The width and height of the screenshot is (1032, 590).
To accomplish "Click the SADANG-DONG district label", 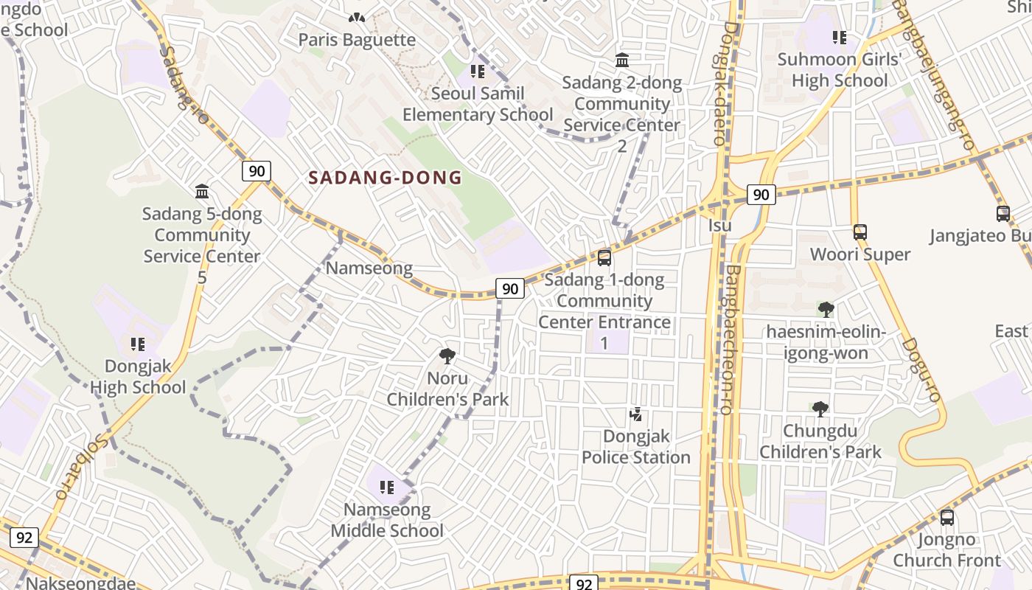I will (385, 178).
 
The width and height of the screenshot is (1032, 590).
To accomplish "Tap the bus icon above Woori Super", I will (860, 232).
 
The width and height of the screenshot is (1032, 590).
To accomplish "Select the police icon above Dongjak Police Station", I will (635, 414).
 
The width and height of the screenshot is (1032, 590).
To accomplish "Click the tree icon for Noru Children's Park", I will (447, 356).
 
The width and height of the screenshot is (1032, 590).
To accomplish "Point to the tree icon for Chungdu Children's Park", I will (820, 409).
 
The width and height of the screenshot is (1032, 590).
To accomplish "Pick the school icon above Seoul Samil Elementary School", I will (478, 72).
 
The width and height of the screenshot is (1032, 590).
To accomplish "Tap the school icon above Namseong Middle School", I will (386, 487).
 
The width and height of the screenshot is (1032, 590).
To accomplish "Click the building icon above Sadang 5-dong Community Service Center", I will (202, 192).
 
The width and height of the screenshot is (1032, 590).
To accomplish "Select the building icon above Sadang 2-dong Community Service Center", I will (622, 60).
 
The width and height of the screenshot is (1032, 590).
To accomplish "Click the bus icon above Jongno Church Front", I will (947, 518).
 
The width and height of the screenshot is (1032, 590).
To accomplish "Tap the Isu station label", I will (719, 225).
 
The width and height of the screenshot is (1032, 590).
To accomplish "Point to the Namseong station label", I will (369, 268).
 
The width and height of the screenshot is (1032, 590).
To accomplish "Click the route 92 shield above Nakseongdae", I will (24, 538).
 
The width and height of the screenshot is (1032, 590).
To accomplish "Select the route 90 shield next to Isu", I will (761, 195).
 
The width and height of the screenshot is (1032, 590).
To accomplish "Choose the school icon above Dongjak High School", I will (137, 344).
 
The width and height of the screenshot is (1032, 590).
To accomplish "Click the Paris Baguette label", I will (357, 40).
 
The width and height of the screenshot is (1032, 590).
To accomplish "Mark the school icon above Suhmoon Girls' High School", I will (839, 38).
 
